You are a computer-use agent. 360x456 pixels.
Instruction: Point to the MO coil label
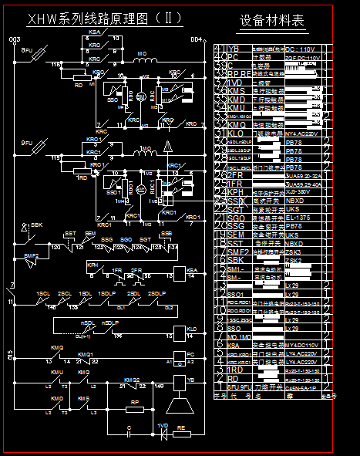coord(142,54)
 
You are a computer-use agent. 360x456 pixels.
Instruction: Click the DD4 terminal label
coord(196,39)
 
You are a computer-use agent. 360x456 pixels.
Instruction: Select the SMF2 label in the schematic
coord(31,255)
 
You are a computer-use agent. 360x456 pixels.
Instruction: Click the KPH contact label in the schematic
coord(93,264)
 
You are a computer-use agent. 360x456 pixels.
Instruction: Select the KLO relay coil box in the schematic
coord(180,332)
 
